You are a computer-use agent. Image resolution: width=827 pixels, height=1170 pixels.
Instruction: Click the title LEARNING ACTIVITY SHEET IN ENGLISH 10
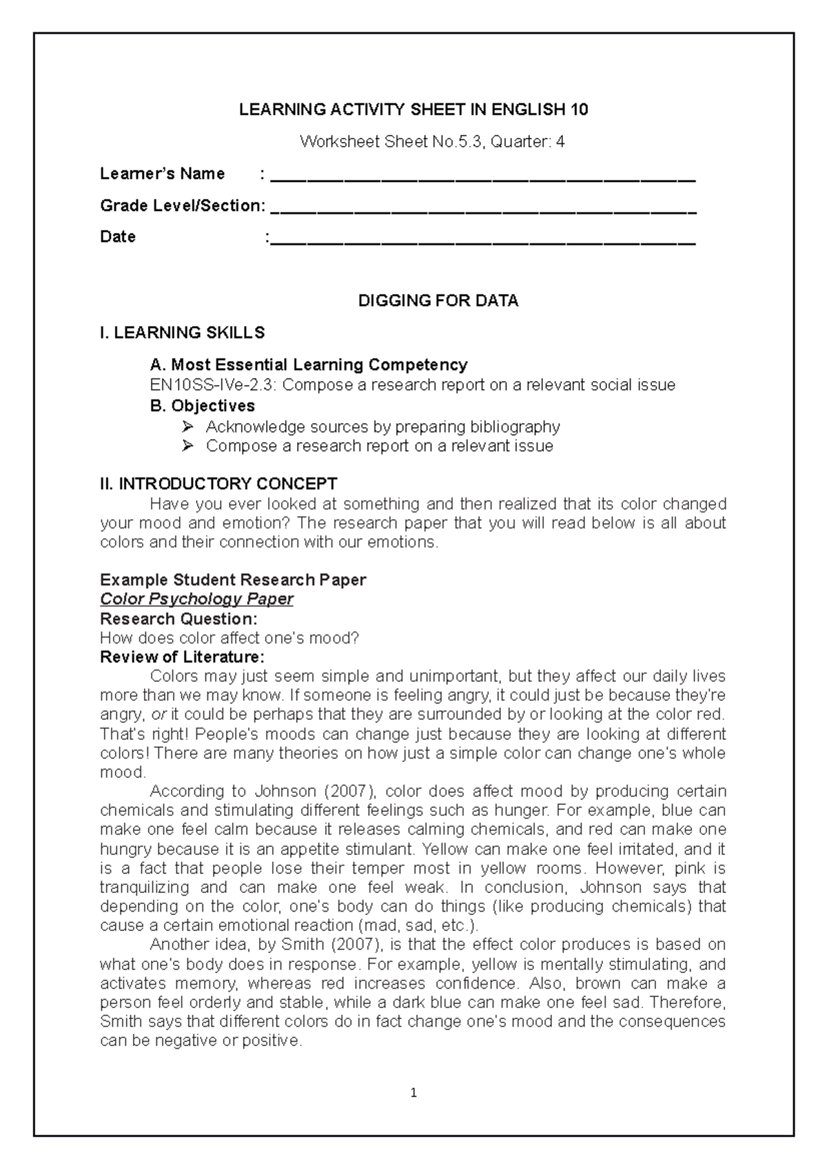[x=413, y=110]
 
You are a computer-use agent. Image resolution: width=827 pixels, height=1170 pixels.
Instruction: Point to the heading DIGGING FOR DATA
[x=438, y=301]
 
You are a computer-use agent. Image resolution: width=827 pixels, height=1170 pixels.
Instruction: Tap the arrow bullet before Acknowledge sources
[x=187, y=427]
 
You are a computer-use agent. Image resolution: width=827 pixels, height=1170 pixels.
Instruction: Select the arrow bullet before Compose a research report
[x=187, y=447]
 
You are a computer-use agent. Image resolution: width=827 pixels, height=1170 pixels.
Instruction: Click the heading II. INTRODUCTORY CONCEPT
[x=218, y=484]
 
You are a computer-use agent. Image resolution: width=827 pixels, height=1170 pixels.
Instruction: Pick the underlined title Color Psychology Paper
[x=196, y=599]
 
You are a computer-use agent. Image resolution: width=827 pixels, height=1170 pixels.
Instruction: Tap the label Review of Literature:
[x=182, y=657]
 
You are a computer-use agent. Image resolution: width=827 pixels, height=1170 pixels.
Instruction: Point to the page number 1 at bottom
[x=413, y=1093]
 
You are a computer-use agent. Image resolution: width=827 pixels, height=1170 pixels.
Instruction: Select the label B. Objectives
[x=203, y=406]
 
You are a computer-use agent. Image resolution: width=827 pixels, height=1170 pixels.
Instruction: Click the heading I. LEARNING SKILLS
[x=182, y=333]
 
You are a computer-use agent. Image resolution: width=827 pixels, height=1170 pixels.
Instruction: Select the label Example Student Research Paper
[x=233, y=579]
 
